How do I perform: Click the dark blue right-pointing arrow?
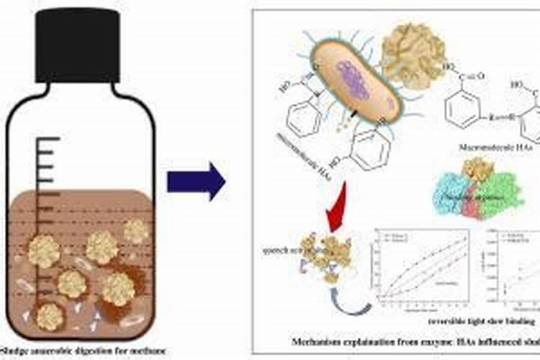tap(196, 181)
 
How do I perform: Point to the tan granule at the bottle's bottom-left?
tap(49, 315)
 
